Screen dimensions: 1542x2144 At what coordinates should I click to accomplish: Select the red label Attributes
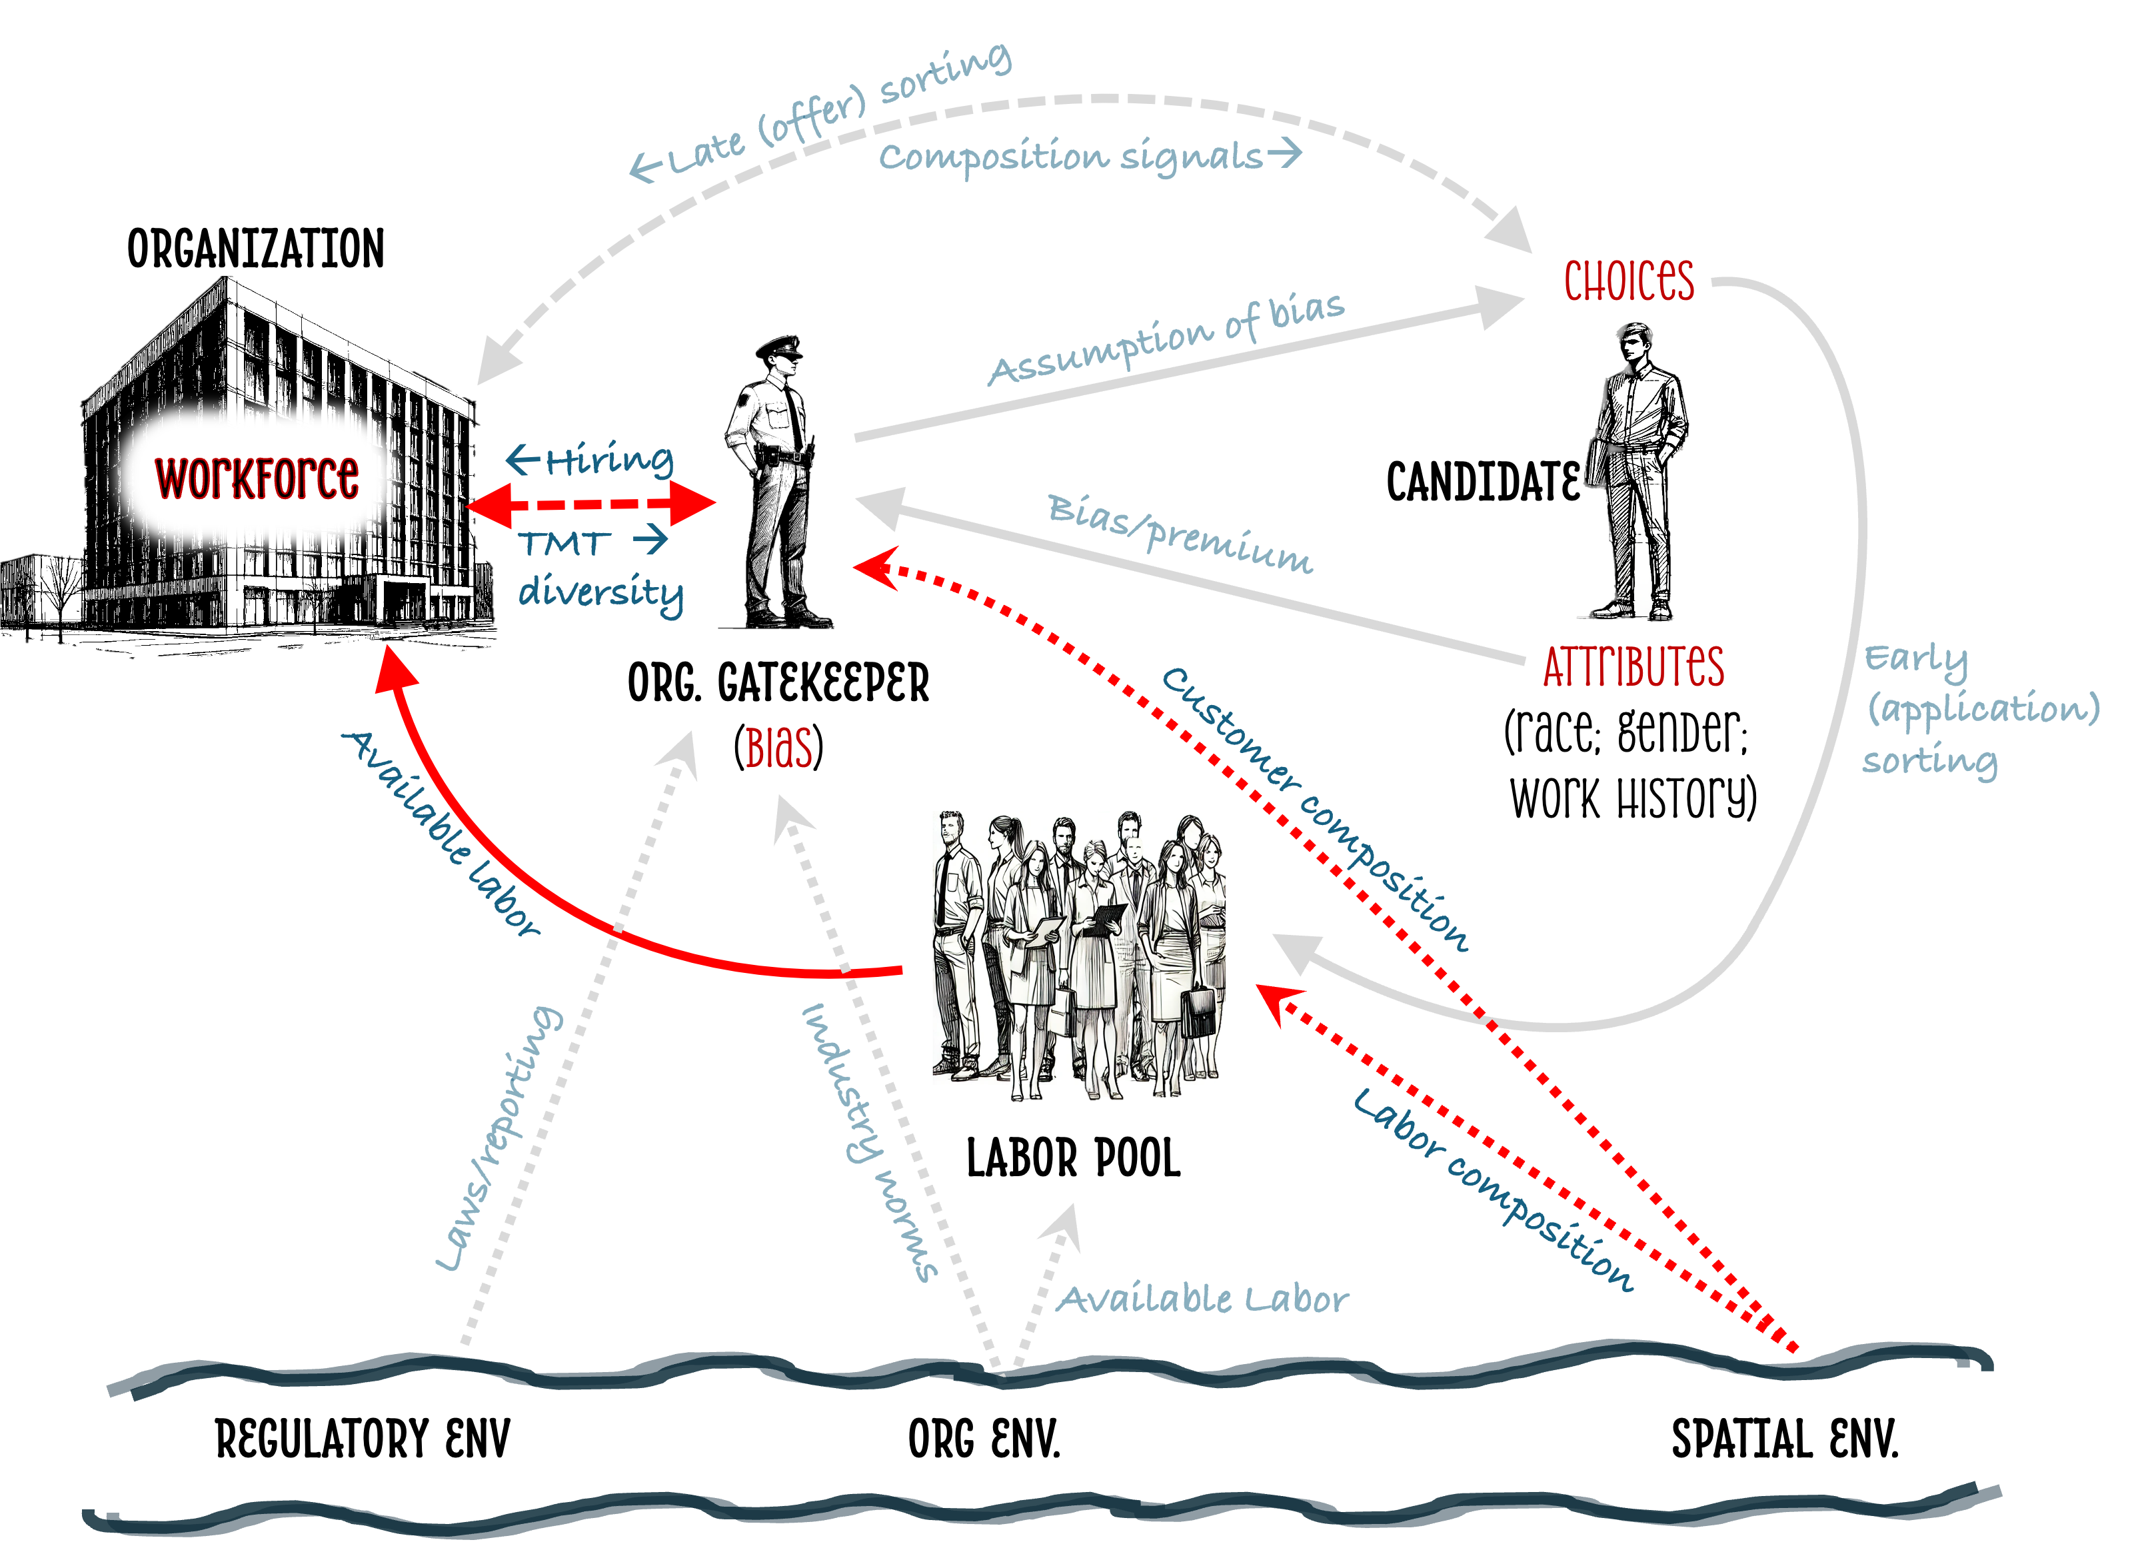tap(1633, 666)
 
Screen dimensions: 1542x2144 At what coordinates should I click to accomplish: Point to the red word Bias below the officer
tap(778, 749)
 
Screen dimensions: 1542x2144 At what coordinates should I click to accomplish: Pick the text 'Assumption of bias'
tap(1166, 339)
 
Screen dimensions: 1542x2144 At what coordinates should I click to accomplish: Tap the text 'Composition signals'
tap(1071, 157)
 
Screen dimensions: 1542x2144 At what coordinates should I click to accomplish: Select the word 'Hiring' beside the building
tap(608, 460)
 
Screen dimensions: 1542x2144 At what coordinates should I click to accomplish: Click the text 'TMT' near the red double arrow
tap(563, 544)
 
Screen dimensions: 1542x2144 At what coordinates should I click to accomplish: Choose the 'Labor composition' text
tap(1493, 1189)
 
